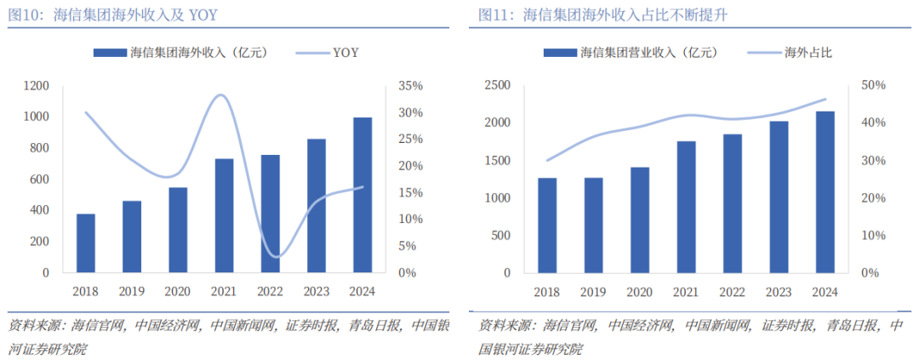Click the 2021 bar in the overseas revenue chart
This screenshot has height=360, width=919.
224,215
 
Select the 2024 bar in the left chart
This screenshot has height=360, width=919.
362,195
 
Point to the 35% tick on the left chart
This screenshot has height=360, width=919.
410,86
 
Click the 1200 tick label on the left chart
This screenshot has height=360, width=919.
36,86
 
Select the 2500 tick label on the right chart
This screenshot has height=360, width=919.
497,86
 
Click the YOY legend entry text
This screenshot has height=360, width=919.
345,53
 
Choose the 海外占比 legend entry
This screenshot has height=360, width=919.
808,53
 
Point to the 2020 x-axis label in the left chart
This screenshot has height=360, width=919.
178,291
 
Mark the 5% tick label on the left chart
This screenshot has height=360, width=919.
407,246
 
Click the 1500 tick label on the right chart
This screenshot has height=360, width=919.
497,161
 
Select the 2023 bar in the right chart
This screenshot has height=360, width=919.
778,197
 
